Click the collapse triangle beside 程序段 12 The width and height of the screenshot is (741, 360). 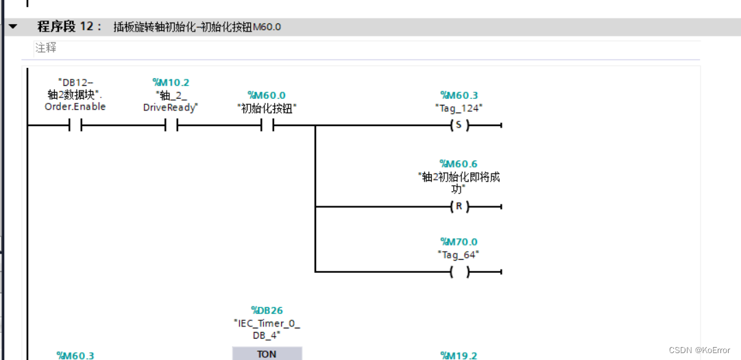click(x=13, y=27)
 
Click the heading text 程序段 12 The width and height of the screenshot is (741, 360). click(x=69, y=27)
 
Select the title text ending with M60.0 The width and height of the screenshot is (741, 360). click(x=197, y=27)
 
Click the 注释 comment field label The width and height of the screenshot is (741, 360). click(x=46, y=48)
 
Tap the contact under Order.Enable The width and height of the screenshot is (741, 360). click(x=75, y=126)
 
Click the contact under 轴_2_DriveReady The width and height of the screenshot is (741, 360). click(x=171, y=126)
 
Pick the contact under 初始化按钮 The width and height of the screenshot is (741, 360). click(x=267, y=126)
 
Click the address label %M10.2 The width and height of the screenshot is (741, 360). click(x=171, y=82)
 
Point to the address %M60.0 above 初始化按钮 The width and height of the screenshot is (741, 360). click(x=267, y=95)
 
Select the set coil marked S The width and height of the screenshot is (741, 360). click(x=459, y=126)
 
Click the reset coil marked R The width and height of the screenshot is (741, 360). click(x=459, y=206)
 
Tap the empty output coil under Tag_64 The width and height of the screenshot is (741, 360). click(x=459, y=272)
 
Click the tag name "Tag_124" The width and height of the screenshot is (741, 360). click(x=459, y=108)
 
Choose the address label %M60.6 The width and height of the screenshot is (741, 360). click(x=459, y=164)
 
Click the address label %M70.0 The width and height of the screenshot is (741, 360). click(x=459, y=242)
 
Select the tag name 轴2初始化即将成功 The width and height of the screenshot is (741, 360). click(x=459, y=182)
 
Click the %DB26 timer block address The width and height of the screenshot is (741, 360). click(x=267, y=311)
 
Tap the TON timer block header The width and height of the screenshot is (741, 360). click(x=267, y=354)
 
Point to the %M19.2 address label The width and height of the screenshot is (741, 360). click(x=459, y=355)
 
